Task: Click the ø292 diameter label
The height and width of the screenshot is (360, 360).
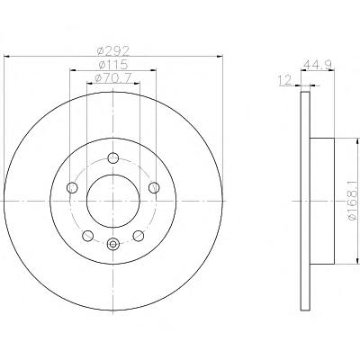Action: pos(113,51)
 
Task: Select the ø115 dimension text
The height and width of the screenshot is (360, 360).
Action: pos(113,65)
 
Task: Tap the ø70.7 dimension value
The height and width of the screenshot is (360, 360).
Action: pos(113,78)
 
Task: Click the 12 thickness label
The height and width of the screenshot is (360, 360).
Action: pos(284,80)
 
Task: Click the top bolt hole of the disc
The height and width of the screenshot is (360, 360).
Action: pos(113,157)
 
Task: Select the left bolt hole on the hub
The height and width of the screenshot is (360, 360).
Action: pos(72,188)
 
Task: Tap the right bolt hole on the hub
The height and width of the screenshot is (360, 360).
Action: pos(154,188)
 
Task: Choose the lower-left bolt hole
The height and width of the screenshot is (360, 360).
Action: pos(87,236)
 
